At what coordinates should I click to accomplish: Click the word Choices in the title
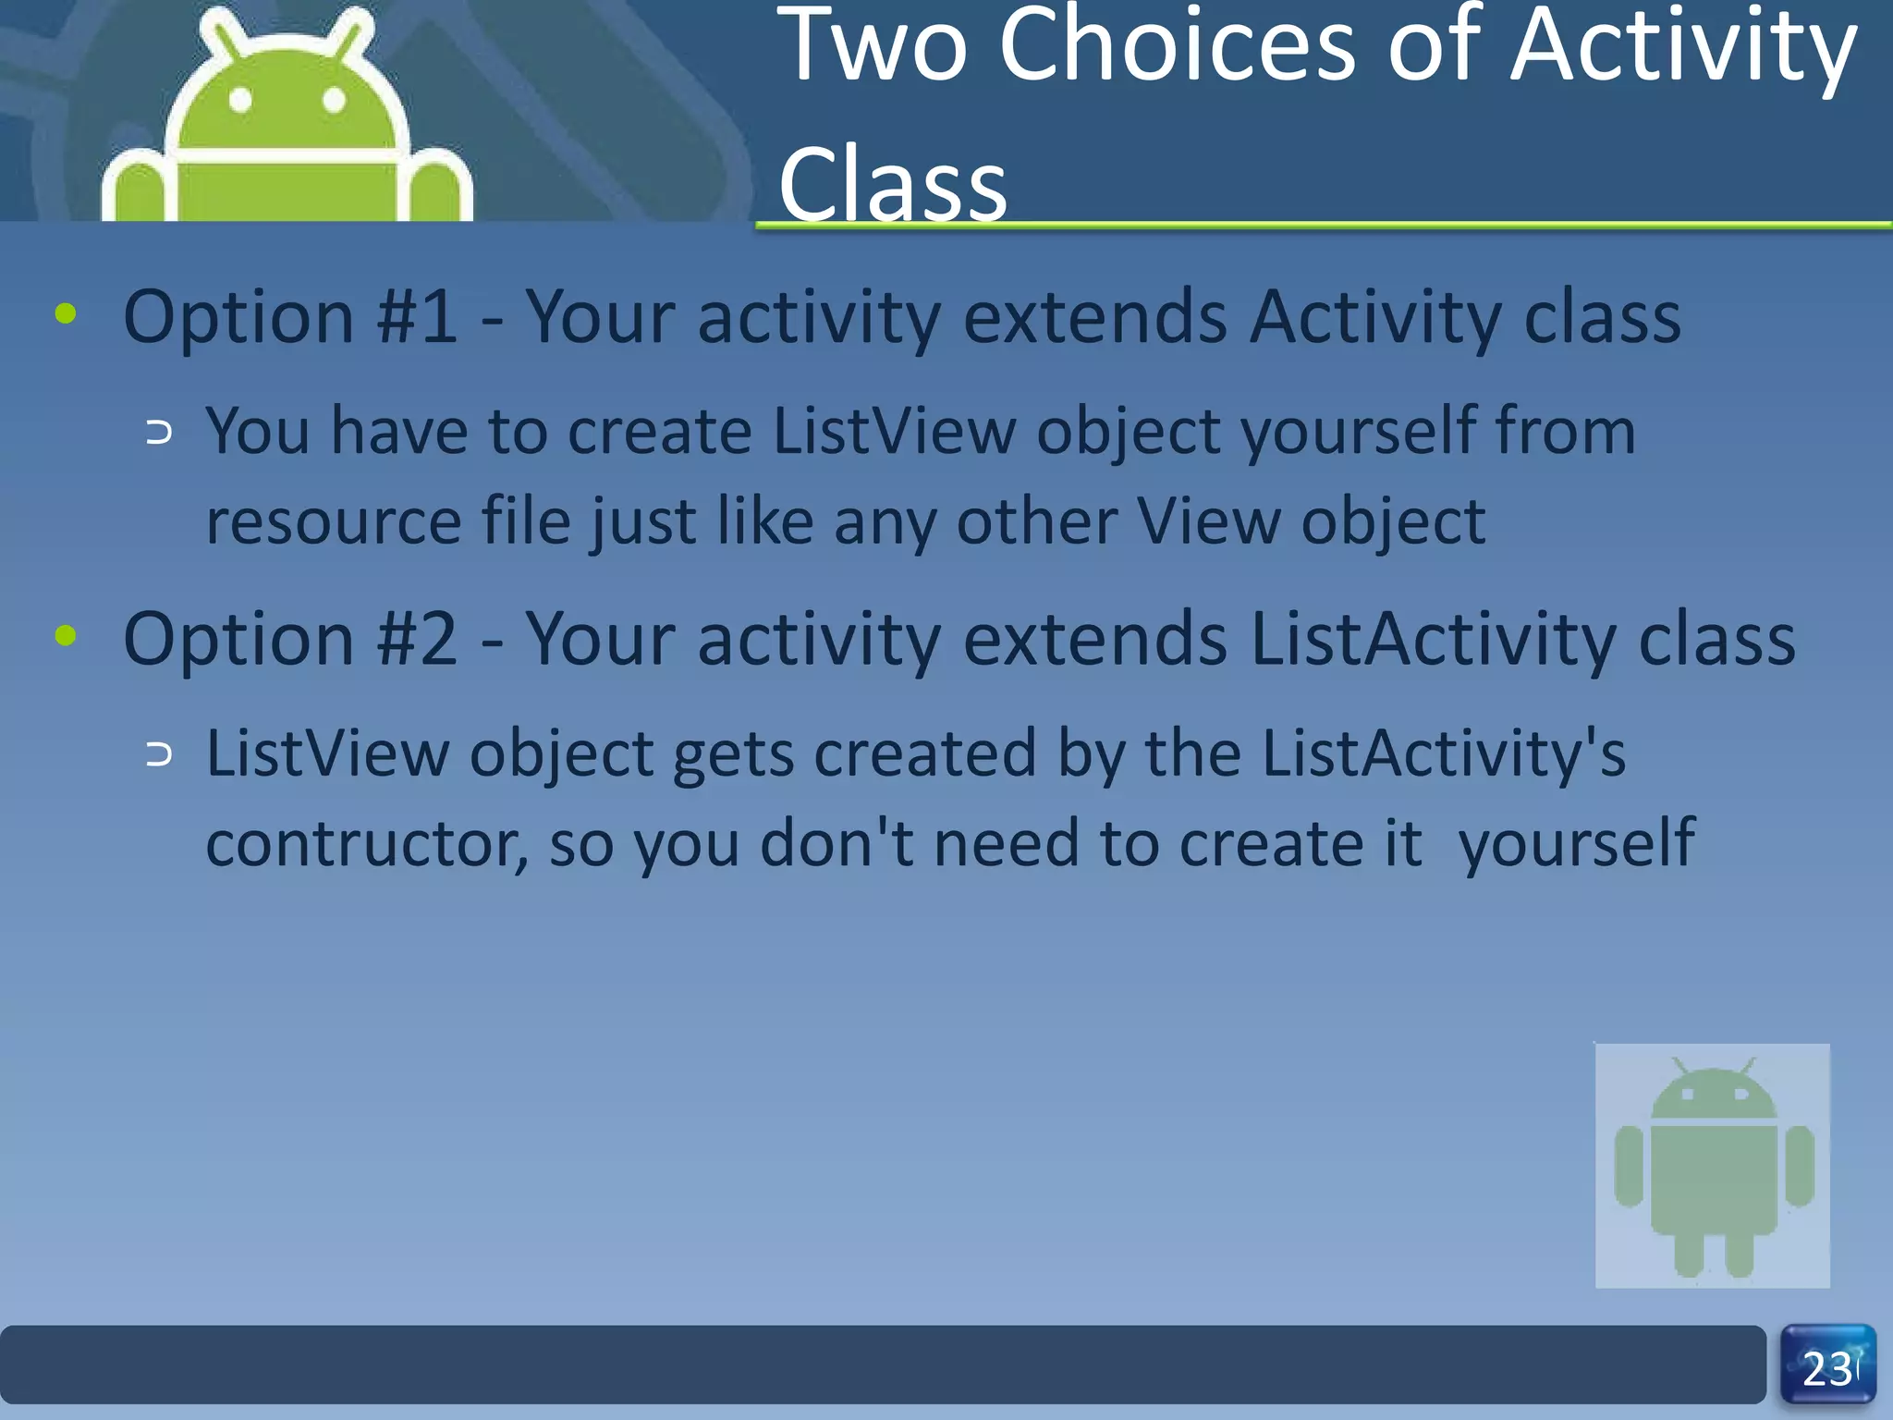(1178, 46)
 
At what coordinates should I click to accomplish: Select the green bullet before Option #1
(66, 313)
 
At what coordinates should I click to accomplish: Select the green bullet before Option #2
(66, 635)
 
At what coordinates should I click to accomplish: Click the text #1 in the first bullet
(416, 317)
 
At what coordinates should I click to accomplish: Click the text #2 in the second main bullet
(416, 639)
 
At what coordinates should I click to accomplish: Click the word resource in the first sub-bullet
(333, 523)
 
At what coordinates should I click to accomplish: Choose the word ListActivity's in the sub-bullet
(1443, 753)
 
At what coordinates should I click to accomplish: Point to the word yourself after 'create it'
(1576, 844)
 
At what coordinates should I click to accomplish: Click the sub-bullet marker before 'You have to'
(159, 433)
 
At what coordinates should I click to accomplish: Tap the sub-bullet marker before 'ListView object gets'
(159, 755)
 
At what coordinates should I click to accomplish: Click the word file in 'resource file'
(527, 521)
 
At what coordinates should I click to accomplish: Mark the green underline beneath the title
(1322, 225)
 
